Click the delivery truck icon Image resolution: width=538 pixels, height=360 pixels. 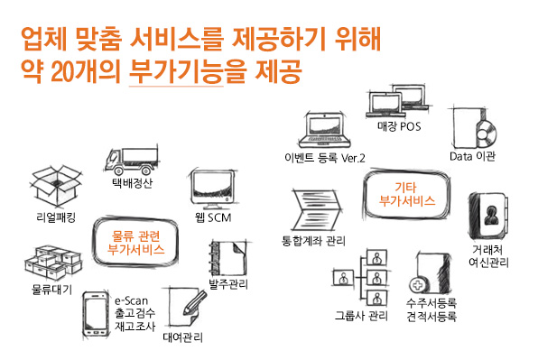pyautogui.click(x=132, y=161)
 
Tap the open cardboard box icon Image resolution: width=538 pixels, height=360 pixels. pyautogui.click(x=57, y=186)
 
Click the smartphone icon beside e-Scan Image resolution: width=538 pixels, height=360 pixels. pyautogui.click(x=96, y=314)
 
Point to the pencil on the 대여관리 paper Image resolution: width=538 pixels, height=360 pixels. pyautogui.click(x=195, y=303)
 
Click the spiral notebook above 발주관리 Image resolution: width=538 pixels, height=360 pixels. pyautogui.click(x=227, y=259)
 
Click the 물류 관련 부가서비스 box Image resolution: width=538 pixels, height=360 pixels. pyautogui.click(x=135, y=242)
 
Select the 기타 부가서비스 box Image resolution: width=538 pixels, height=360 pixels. pyautogui.click(x=407, y=194)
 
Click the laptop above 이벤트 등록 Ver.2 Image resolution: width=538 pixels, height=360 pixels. pyautogui.click(x=325, y=130)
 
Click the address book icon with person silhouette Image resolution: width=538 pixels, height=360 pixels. pyautogui.click(x=488, y=215)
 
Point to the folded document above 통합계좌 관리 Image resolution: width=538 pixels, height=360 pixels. pyautogui.click(x=316, y=210)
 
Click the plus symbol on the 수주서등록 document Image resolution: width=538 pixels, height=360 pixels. pyautogui.click(x=417, y=285)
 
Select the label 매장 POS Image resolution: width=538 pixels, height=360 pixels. pyautogui.click(x=399, y=126)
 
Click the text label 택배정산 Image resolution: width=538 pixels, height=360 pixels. pyautogui.click(x=133, y=182)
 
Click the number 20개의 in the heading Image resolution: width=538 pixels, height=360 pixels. pyautogui.click(x=86, y=71)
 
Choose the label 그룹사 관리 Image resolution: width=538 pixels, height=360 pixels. pyautogui.click(x=361, y=316)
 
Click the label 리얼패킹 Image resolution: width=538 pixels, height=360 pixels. pyautogui.click(x=56, y=217)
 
